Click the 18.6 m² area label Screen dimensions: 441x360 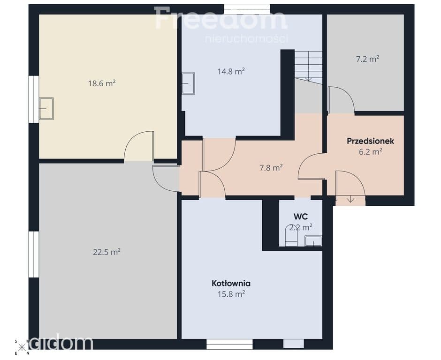[102, 83]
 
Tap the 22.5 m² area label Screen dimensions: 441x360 [107, 252]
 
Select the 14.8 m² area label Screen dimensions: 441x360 [231, 71]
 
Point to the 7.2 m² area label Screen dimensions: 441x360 [368, 59]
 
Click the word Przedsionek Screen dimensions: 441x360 [371, 141]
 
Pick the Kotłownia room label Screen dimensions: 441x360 [231, 283]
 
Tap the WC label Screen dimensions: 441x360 [301, 217]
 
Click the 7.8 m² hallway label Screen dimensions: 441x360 [271, 168]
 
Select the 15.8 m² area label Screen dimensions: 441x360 [231, 294]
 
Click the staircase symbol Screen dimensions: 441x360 [308, 67]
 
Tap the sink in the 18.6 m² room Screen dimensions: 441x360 [46, 109]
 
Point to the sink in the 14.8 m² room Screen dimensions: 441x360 [188, 83]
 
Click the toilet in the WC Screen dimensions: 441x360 [291, 236]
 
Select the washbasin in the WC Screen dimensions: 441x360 [313, 241]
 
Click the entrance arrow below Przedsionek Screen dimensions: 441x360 [350, 200]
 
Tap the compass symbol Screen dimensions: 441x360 [22, 347]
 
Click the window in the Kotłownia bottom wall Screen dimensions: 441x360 [229, 344]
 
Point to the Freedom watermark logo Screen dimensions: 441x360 [220, 19]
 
